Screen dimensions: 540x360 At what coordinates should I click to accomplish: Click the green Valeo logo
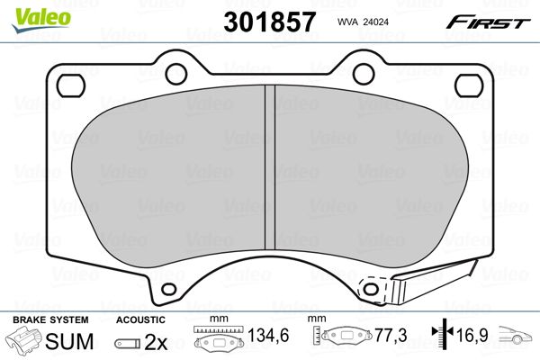pyautogui.click(x=41, y=20)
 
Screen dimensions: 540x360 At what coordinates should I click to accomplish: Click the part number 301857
pyautogui.click(x=269, y=22)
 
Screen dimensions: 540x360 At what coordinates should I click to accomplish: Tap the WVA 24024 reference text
pyautogui.click(x=363, y=22)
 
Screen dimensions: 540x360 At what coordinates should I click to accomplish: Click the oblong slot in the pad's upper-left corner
pyautogui.click(x=71, y=85)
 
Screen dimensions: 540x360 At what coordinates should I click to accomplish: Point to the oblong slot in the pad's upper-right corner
pyautogui.click(x=469, y=85)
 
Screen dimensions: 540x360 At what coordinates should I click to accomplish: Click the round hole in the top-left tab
pyautogui.click(x=176, y=74)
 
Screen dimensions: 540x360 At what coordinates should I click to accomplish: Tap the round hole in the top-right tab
pyautogui.click(x=364, y=74)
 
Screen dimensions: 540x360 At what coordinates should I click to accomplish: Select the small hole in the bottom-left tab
pyautogui.click(x=169, y=289)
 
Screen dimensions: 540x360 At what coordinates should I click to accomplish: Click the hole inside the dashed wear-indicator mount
pyautogui.click(x=371, y=289)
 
